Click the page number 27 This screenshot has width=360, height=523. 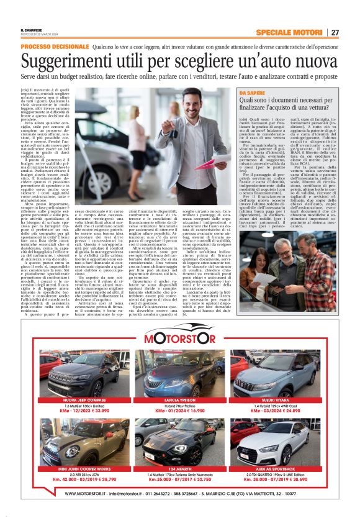coord(335,32)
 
